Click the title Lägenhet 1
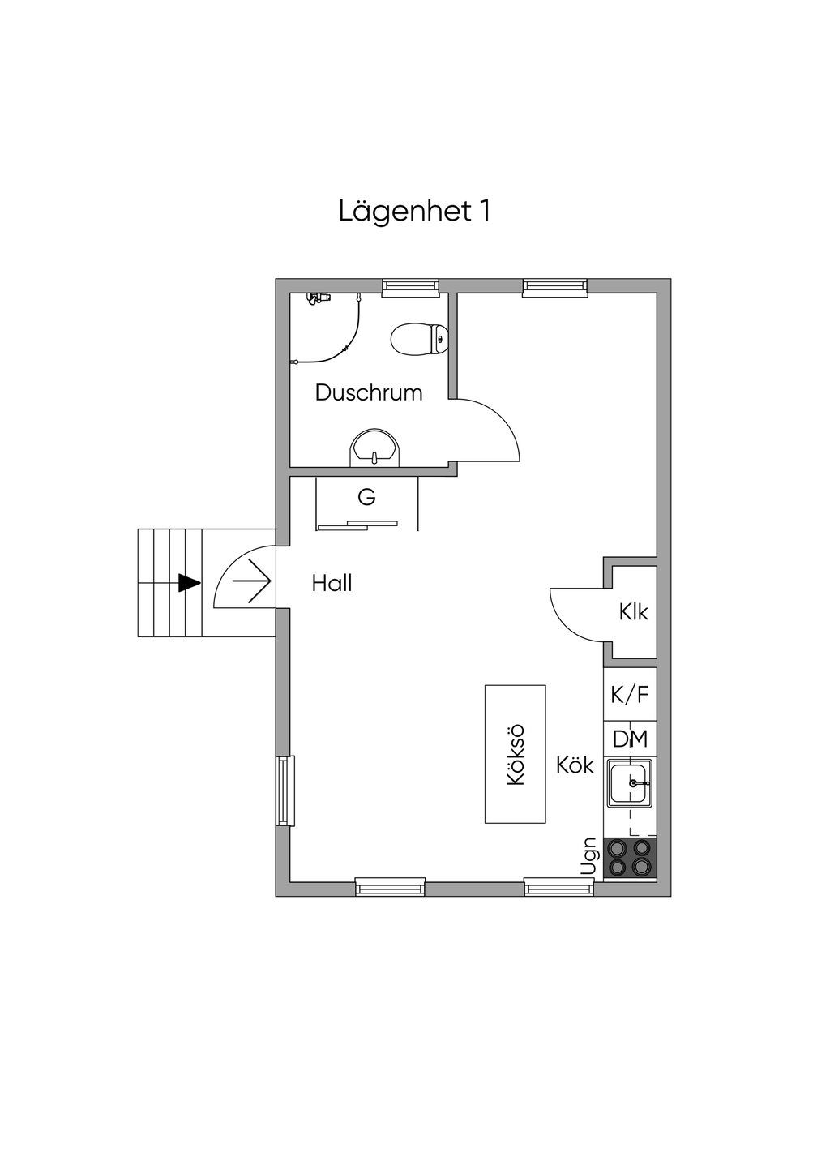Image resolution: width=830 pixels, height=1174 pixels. pos(414,212)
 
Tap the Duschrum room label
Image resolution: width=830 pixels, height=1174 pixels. pos(368,393)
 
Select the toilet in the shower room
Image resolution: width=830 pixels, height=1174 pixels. pos(419,339)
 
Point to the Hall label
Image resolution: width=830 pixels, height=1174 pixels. pos(332,583)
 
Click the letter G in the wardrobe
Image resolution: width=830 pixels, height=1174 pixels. pos(367,497)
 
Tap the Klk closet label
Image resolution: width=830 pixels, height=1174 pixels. pos(633,611)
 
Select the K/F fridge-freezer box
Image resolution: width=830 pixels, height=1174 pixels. pos(630,695)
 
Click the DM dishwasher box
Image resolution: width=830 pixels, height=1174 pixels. pos(630,739)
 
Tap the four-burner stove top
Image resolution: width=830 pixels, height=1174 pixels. pos(630,858)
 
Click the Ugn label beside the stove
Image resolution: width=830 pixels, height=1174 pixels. pos(589,856)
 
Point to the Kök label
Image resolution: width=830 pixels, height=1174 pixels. pos(575,765)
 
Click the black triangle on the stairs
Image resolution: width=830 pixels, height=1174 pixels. pos(189,583)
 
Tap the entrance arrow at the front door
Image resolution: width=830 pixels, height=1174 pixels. pos(251,581)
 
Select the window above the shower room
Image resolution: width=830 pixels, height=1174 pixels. pos(410,287)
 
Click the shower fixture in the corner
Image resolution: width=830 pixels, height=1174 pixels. pos(318,298)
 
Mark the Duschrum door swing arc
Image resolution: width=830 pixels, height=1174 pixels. pos(502,418)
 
